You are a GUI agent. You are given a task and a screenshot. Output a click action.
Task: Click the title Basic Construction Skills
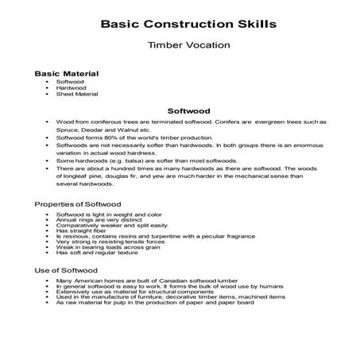188,23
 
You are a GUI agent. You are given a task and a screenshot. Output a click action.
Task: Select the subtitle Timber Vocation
188,45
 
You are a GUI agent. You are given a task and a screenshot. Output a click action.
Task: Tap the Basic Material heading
67,73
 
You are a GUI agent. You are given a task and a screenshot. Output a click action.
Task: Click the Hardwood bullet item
70,87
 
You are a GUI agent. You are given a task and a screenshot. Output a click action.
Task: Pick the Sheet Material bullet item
77,94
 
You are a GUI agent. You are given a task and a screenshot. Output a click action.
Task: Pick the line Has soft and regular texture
97,252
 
